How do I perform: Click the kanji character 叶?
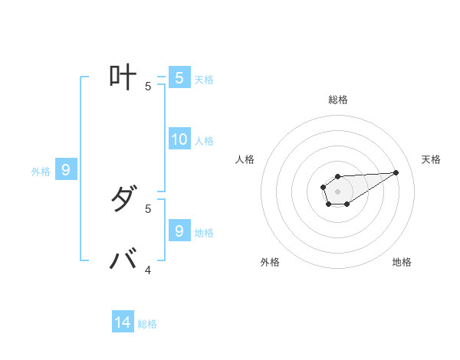coord(123,78)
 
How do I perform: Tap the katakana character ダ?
coord(123,201)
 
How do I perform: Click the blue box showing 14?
coord(123,322)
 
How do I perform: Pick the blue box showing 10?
coord(179,139)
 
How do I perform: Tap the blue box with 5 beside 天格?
coord(179,78)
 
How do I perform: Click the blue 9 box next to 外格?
coord(66,170)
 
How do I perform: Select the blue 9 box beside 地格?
coord(179,231)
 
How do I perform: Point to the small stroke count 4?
coord(148,270)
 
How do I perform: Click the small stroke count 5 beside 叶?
coord(148,87)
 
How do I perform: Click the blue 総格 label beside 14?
coord(147,324)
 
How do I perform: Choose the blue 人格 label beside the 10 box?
coord(204,141)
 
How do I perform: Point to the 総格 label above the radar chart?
coord(337,100)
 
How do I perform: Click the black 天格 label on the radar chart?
coord(432,159)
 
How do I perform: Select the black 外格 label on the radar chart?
coord(270,262)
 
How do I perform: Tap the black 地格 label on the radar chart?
coord(402,262)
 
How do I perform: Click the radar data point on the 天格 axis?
coord(396,172)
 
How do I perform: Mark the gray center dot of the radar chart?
coord(337,190)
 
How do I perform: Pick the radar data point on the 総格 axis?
coord(337,176)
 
